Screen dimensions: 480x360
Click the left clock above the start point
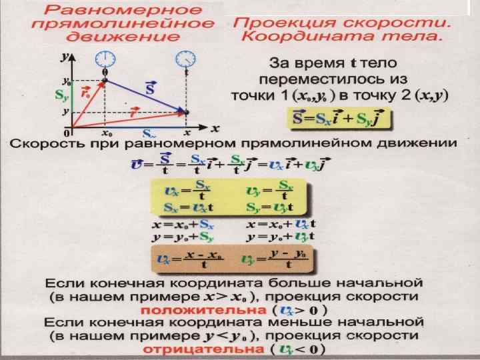click(103, 58)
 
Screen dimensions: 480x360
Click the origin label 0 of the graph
click(67, 133)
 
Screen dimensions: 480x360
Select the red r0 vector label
click(85, 93)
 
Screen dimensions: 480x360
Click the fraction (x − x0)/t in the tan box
click(204, 257)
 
